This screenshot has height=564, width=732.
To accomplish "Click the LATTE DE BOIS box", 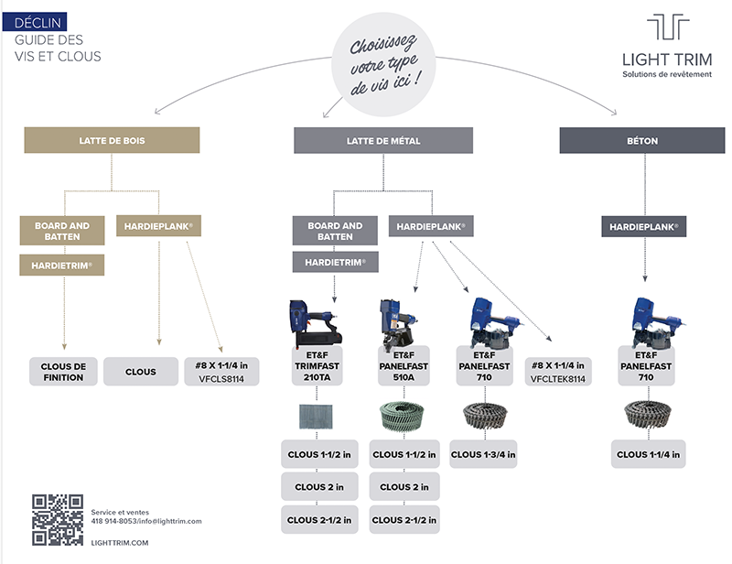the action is coord(112,140).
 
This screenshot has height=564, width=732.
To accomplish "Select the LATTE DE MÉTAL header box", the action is coord(383,140).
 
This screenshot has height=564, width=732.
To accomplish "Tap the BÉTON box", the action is coord(642,140).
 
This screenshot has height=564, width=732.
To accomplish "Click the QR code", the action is coord(58,520).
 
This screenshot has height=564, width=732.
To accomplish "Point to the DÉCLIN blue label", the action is coord(35,22).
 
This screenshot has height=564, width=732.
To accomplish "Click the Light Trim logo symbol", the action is coord(668,27).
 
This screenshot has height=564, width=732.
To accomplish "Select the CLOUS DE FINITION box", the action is coord(63,372).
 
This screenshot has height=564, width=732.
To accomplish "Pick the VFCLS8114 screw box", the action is coord(221,372).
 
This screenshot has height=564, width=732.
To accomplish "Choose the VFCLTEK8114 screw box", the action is coord(558,372).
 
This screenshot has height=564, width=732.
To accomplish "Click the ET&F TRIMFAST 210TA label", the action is coord(317,366).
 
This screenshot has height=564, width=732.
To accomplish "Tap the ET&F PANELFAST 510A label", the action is coord(404,366).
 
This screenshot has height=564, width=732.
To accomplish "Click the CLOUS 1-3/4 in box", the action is coord(483,454).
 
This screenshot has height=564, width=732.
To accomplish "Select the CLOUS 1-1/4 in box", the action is coord(649,454).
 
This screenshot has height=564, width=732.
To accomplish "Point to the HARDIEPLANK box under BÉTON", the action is coord(644,227).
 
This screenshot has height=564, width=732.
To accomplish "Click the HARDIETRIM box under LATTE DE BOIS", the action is coord(61,265).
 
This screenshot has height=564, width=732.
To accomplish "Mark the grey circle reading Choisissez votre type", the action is coord(383,64).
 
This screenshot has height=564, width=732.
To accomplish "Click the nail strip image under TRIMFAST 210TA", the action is coord(316,417).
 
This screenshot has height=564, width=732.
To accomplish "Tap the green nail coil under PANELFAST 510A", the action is coord(402,416).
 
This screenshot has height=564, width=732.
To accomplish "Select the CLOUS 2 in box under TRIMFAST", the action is coord(319,487).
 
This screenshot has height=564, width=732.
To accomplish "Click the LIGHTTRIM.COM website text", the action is coord(120,543).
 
